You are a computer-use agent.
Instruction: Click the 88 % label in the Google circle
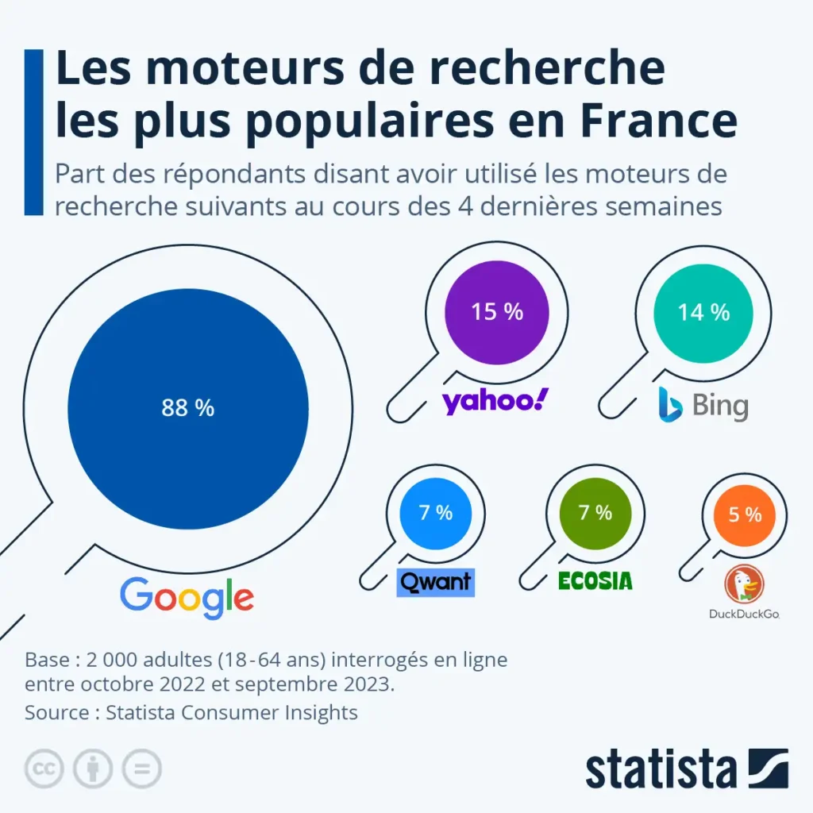click(x=188, y=408)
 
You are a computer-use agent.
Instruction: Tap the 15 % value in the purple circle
click(x=497, y=312)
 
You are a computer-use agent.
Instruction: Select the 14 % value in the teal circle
click(x=703, y=312)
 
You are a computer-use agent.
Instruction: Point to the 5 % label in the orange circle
click(x=745, y=514)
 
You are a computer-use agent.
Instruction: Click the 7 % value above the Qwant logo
click(x=435, y=513)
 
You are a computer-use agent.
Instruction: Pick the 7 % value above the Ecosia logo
click(x=595, y=513)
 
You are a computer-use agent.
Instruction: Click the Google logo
click(x=187, y=597)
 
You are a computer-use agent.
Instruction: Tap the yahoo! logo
click(x=495, y=401)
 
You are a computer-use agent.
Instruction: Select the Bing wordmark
click(x=720, y=406)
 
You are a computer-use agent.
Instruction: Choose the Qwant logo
click(x=435, y=582)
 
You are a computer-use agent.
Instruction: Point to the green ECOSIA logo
click(x=595, y=581)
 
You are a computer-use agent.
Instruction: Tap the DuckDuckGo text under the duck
click(x=744, y=613)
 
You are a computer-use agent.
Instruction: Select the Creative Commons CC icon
click(x=44, y=769)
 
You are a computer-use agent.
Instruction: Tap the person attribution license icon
click(x=93, y=769)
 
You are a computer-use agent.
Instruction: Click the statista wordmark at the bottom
click(x=662, y=769)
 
